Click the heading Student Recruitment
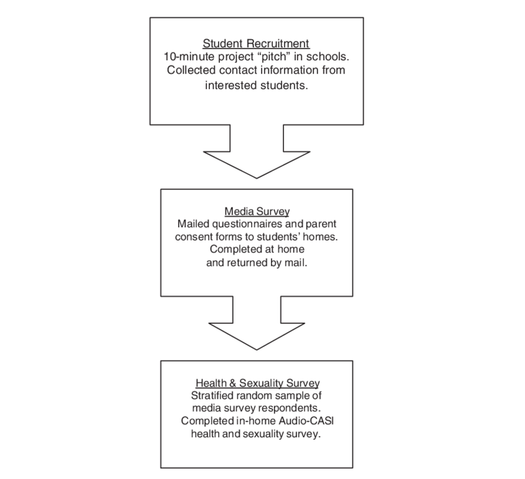(256, 44)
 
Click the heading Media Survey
(257, 211)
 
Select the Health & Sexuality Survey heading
(257, 383)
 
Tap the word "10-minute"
(189, 57)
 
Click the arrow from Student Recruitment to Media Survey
(257, 151)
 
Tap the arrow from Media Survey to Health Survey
(257, 323)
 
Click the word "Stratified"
(213, 396)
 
